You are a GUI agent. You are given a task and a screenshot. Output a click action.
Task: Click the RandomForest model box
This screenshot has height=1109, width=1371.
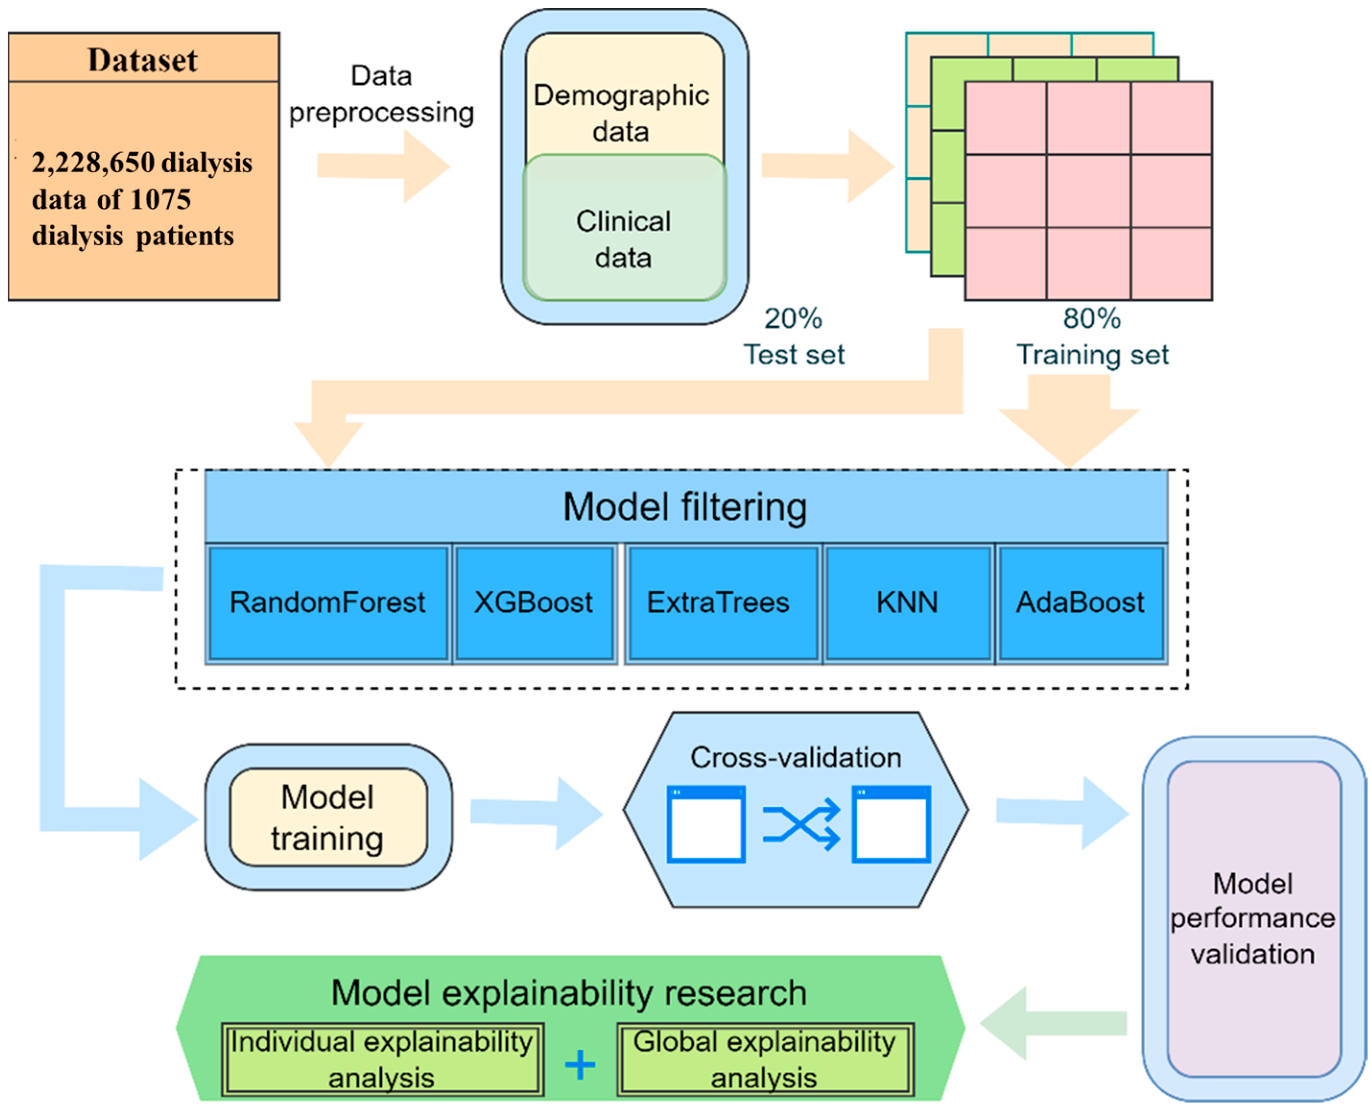(x=328, y=602)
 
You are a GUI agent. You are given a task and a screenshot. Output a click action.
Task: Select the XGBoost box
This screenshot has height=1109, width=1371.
(x=534, y=602)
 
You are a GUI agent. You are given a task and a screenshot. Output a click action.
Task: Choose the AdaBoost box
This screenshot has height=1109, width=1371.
(x=1080, y=602)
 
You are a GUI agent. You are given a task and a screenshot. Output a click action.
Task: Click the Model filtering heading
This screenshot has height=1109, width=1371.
(x=685, y=507)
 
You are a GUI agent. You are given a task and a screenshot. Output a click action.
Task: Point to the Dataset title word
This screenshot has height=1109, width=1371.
(x=143, y=60)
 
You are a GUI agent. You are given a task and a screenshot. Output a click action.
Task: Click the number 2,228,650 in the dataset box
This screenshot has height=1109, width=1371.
(x=93, y=163)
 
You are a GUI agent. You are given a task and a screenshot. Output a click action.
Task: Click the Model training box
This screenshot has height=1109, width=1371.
(x=328, y=817)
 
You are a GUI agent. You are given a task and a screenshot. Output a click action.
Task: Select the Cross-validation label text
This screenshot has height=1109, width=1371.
(x=796, y=758)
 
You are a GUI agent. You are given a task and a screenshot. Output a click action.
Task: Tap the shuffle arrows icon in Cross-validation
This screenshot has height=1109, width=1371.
(x=802, y=825)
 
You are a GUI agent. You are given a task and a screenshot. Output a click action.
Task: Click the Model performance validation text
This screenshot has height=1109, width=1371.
(x=1253, y=918)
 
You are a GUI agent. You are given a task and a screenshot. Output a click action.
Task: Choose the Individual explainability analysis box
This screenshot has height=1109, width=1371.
(x=382, y=1059)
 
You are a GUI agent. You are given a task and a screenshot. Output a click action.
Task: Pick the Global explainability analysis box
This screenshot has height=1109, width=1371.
(x=764, y=1059)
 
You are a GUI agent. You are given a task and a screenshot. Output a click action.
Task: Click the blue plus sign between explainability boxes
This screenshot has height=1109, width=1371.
(x=580, y=1065)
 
